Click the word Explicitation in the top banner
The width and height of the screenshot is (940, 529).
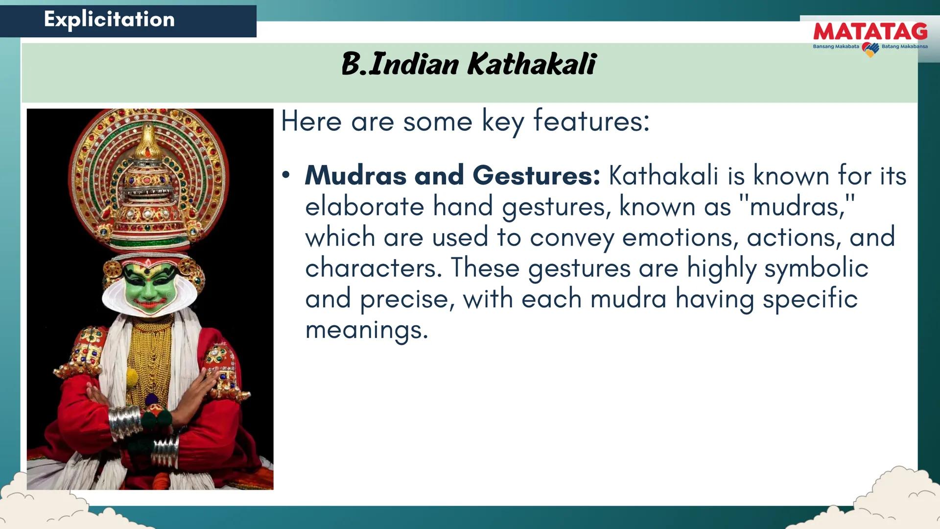click(109, 19)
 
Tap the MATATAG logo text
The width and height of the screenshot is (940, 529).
click(870, 32)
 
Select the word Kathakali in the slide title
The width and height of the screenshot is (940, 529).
click(532, 64)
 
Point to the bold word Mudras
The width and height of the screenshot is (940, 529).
click(355, 175)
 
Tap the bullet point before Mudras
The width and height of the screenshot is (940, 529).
click(286, 175)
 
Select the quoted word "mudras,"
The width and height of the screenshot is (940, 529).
click(797, 206)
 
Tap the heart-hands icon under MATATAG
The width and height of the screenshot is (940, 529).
click(870, 49)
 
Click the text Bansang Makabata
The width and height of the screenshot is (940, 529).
click(836, 47)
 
